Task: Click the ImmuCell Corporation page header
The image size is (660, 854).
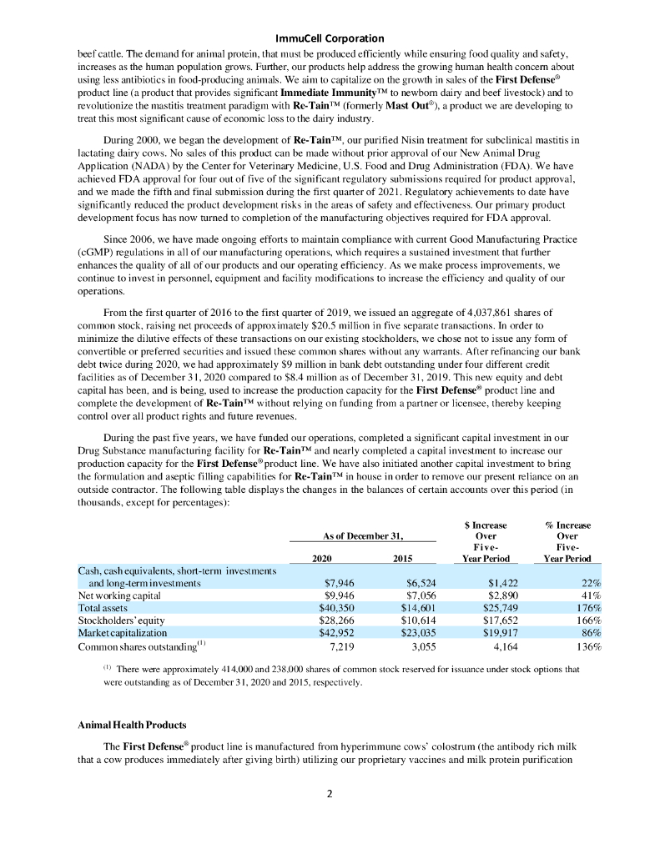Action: tap(330, 38)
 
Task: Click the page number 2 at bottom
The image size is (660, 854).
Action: tap(330, 793)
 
